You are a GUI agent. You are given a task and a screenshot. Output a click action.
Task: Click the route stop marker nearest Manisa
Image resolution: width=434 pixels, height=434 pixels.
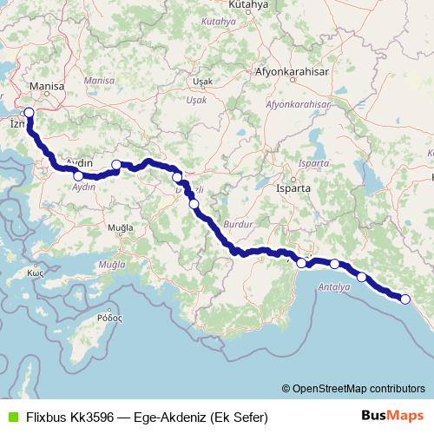29,112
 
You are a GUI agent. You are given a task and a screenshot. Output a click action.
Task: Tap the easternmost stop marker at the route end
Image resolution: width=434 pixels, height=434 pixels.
404,299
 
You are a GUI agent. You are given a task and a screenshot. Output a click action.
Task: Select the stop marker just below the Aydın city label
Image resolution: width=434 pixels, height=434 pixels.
79,176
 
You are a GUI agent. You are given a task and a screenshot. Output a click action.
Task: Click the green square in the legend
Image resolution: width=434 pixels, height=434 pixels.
10,417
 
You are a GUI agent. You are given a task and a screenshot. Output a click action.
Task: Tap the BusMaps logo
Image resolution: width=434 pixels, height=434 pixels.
393,416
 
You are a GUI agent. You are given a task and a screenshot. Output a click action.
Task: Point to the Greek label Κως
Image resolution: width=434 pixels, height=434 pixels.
36,272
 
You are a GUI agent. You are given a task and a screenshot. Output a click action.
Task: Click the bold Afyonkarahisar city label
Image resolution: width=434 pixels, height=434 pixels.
291,73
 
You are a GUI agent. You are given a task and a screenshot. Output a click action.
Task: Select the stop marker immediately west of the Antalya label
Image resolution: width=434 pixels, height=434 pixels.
301,262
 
